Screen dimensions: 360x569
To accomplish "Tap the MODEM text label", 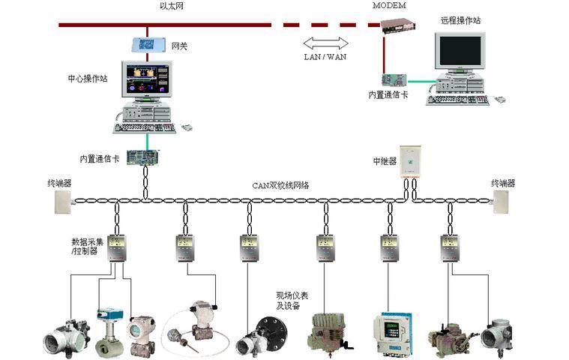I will pos(389,5).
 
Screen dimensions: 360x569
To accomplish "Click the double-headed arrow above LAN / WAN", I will pos(326,43).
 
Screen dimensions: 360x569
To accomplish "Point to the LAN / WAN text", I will pos(325,56).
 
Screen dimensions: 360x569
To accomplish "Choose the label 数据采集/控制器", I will pos(88,247).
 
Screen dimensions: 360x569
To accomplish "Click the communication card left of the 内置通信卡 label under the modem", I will pos(394,79).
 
